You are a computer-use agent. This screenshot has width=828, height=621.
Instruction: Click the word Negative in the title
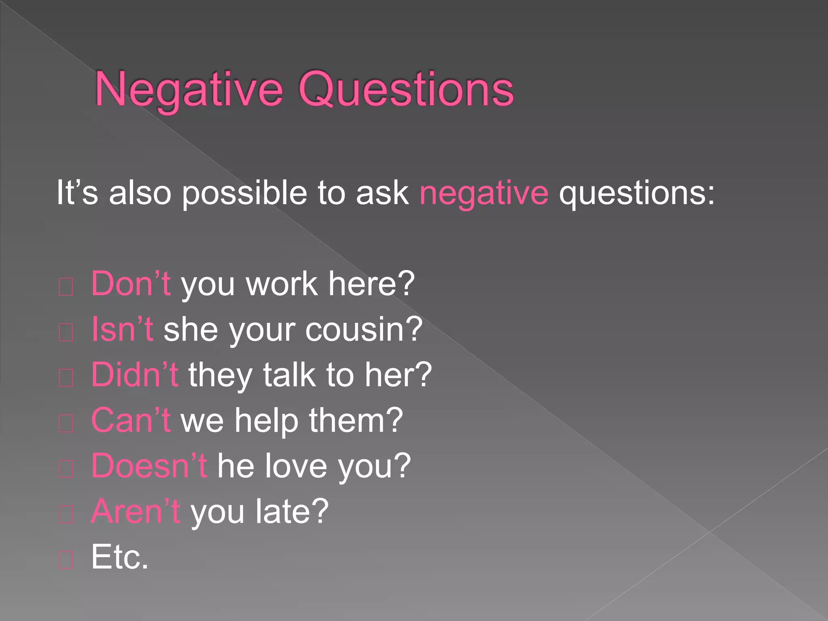[x=188, y=90]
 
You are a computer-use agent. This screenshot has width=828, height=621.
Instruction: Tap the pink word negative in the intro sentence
[x=484, y=193]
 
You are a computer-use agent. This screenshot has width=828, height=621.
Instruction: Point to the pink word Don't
[x=131, y=284]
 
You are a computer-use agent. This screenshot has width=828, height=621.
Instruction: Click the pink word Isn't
[x=122, y=330]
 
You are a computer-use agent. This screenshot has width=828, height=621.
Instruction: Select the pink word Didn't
[x=135, y=375]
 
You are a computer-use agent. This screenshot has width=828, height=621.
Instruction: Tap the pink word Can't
[x=131, y=420]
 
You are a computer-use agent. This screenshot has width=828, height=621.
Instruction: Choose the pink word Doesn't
[x=149, y=466]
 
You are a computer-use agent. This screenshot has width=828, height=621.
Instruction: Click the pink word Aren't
[x=135, y=511]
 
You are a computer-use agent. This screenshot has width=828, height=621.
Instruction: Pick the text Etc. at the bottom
[x=120, y=557]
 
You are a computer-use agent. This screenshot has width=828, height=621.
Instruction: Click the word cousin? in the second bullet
[x=363, y=330]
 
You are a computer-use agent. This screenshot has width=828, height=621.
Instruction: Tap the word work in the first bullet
[x=281, y=284]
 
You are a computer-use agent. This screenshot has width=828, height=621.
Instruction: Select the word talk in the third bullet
[x=289, y=375]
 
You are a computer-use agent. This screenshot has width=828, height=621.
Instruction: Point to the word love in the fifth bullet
[x=296, y=466]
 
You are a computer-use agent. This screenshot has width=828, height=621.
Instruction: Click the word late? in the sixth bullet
[x=292, y=511]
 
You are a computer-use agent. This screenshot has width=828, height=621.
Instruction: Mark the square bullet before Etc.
[x=65, y=560]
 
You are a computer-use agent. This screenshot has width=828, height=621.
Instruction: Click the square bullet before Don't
[x=65, y=287]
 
